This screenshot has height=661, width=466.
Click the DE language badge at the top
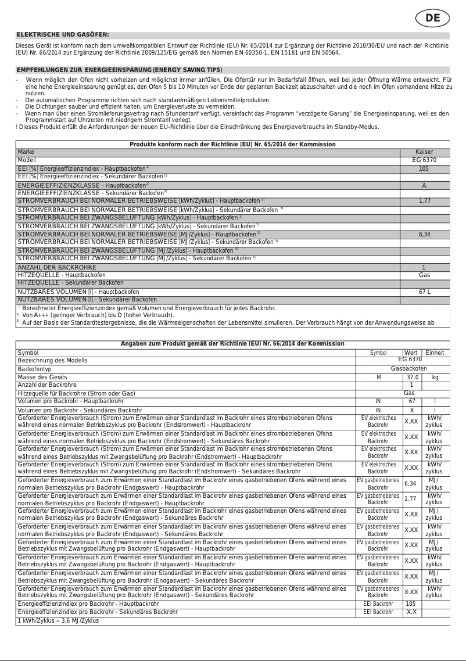coord(433,18)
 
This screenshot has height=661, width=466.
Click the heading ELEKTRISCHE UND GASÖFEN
coord(63,35)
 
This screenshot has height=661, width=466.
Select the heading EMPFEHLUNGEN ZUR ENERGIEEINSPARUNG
coord(119,70)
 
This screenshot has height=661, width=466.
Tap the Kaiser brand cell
coord(424,152)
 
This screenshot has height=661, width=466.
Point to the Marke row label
coord(27,152)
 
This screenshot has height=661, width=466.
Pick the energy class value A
coord(424,185)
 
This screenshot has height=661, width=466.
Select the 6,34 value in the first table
coord(424,235)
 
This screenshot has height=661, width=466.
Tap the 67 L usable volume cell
coord(424,292)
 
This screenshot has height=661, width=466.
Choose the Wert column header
coord(411,353)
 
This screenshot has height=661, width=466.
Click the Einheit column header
coord(435,353)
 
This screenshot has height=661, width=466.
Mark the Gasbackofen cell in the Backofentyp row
coord(408,369)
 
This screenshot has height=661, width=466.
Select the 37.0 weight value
coord(412,377)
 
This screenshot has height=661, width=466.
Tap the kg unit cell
coord(435,377)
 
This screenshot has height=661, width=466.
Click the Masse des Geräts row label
coord(44,377)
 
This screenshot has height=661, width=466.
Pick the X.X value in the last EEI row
coord(411,612)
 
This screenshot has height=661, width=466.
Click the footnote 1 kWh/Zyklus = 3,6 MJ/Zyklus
coord(58,620)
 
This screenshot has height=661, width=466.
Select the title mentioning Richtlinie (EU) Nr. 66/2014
coord(232,344)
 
